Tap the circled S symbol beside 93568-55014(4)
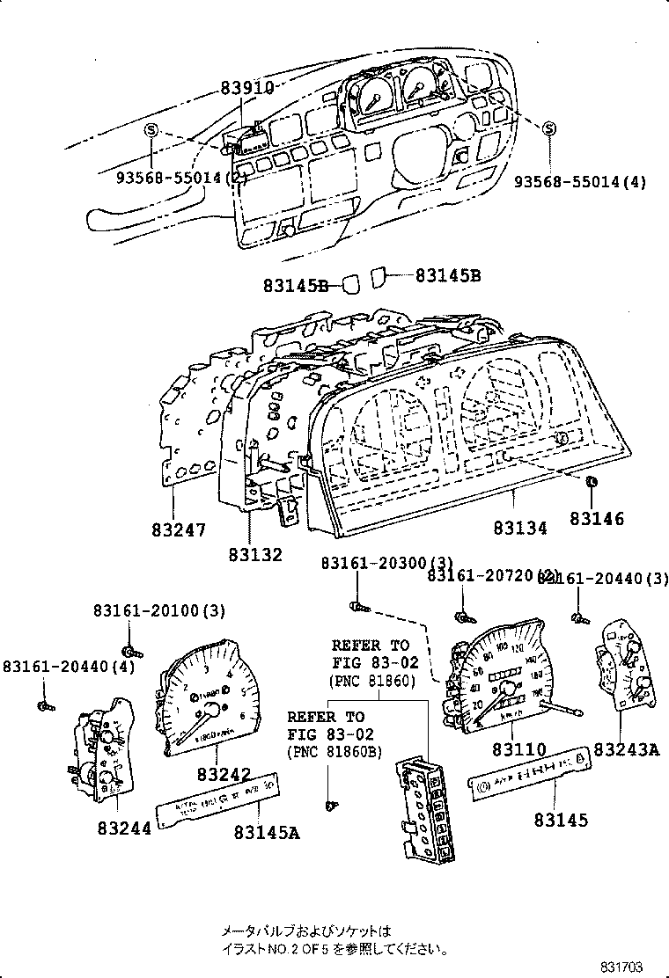pyautogui.click(x=549, y=129)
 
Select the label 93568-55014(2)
pyautogui.click(x=182, y=177)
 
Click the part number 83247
pyautogui.click(x=179, y=530)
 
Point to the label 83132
pyautogui.click(x=255, y=555)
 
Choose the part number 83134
pyautogui.click(x=519, y=528)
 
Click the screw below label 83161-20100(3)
pyautogui.click(x=130, y=651)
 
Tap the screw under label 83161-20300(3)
pyautogui.click(x=356, y=605)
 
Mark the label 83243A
pyautogui.click(x=626, y=749)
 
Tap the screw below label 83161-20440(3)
pyautogui.click(x=577, y=619)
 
